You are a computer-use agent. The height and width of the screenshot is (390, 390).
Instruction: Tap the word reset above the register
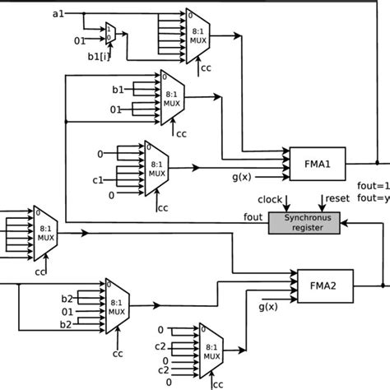[337, 199]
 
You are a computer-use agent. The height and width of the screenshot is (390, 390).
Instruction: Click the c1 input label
[97, 179]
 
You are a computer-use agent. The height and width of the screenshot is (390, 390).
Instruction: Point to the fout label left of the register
[253, 217]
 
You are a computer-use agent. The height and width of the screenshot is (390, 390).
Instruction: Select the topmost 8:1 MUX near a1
[198, 37]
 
